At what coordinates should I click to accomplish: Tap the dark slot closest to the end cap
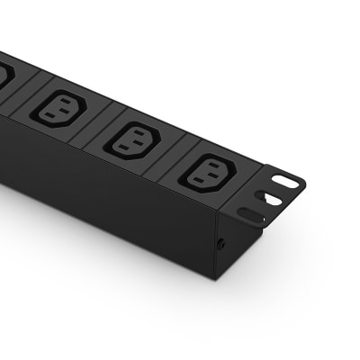pyautogui.click(x=254, y=214)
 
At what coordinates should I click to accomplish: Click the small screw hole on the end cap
pyautogui.click(x=221, y=244)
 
